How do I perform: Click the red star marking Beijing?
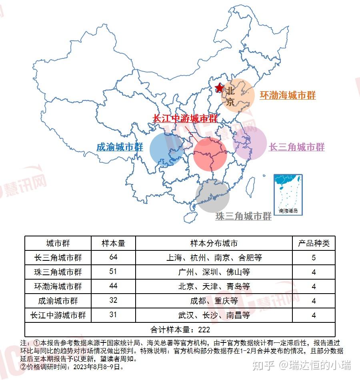coord(219,88)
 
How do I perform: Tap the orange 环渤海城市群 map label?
coord(288,95)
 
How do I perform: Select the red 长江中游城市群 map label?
coord(185,118)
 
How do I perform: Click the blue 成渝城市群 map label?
coord(120,147)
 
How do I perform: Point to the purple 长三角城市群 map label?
coord(296,147)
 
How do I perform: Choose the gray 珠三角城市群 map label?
coord(243,216)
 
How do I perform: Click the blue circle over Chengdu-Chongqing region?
coord(166,149)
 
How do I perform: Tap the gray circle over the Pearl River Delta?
coord(212,196)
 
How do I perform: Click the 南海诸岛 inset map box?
coord(288,194)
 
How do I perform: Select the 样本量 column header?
coord(113,243)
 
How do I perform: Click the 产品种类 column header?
coord(314,243)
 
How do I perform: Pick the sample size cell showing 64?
coord(113,257)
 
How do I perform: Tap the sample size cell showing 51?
coord(113,272)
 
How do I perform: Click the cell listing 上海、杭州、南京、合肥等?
coord(214,258)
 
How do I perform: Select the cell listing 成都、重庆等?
coord(214,301)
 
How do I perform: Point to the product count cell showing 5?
coord(314,258)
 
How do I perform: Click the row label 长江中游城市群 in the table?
coord(58,315)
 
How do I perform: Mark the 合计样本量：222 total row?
coord(180,330)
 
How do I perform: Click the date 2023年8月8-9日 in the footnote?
coord(96,366)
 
